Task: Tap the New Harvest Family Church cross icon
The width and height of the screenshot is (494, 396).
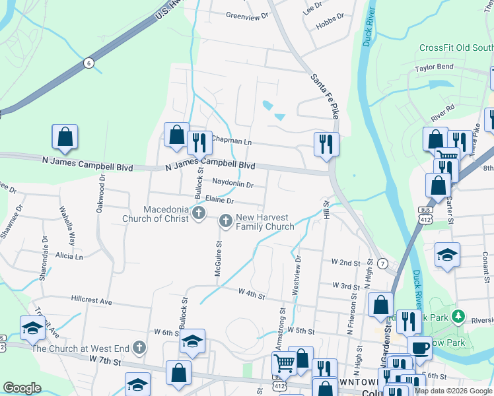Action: coord(226,221)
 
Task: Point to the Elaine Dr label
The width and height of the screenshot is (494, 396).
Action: coord(220,199)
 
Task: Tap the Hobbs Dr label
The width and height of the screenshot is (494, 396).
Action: coord(332,16)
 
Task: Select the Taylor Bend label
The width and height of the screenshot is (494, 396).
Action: coord(434,68)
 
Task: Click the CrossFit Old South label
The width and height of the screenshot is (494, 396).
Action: coord(456,48)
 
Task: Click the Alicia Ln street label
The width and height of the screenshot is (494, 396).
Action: coord(69,255)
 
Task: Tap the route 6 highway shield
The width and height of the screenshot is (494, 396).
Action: coord(88,63)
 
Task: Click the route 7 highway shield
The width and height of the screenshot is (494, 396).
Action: coord(382,263)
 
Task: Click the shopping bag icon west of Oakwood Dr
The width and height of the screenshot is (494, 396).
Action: coord(65,137)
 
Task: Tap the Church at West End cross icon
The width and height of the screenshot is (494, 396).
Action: coord(139,347)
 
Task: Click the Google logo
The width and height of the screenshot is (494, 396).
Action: coord(22,388)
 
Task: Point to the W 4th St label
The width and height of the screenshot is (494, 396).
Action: coord(252,292)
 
